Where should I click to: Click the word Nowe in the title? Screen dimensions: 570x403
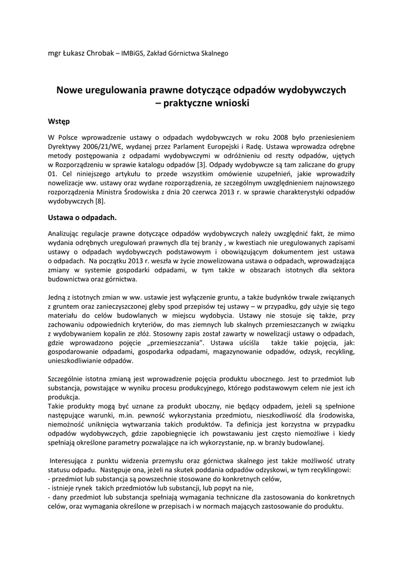pos(71,89)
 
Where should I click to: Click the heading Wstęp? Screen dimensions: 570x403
pos(59,121)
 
